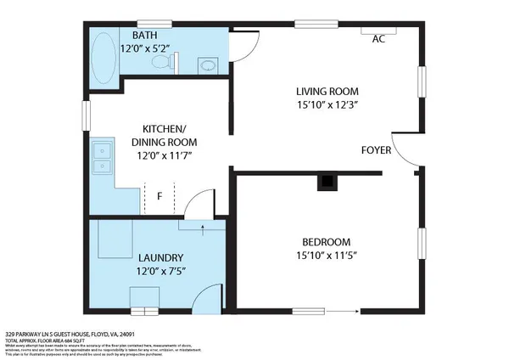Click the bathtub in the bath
point(106,54)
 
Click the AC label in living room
point(378,38)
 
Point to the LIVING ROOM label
point(327,91)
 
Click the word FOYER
point(377,149)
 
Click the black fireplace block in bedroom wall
point(326,181)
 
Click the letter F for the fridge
point(159,197)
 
